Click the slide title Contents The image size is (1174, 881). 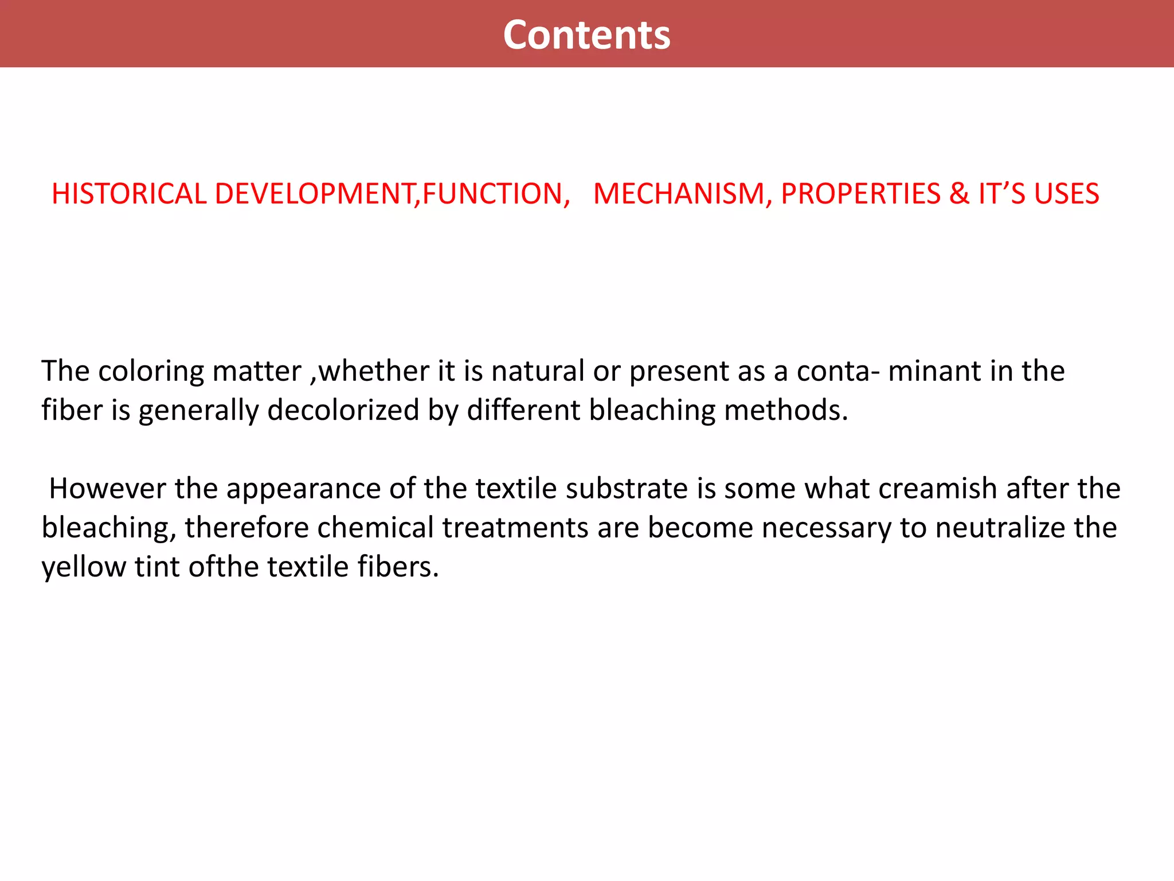(586, 35)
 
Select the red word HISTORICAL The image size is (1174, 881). (129, 194)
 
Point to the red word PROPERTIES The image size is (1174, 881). (860, 194)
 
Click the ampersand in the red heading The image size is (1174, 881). (958, 194)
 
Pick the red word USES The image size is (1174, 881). (1066, 194)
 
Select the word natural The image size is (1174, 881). (538, 371)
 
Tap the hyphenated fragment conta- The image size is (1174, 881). (838, 371)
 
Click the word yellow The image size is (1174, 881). (84, 567)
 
